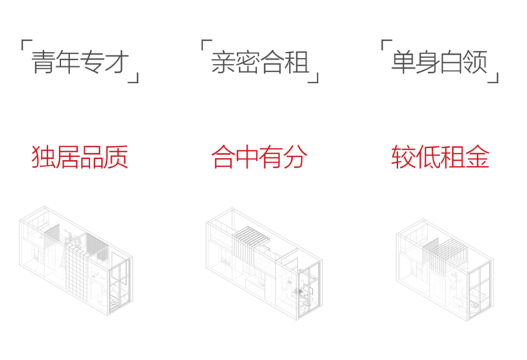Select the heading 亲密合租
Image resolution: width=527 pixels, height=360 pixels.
pos(259,62)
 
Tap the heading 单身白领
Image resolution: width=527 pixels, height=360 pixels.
pos(439,62)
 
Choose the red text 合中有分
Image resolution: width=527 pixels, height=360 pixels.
pos(259,157)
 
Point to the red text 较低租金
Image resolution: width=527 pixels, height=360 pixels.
pos(440,157)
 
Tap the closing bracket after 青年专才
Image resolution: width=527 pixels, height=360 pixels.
pos(135,76)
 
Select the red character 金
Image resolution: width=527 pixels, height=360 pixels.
pos(476,157)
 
